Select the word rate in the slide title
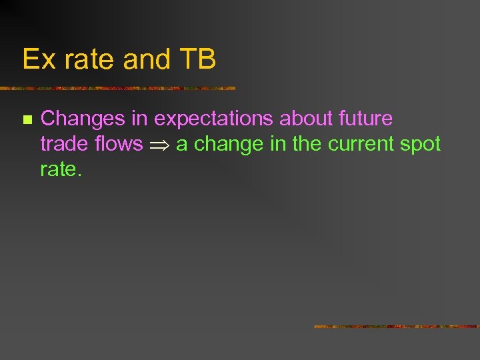84,59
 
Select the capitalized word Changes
83,119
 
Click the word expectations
213,119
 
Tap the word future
365,119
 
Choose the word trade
65,144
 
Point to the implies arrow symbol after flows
159,145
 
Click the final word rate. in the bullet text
61,169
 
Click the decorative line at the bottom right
397,327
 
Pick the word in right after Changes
140,119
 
